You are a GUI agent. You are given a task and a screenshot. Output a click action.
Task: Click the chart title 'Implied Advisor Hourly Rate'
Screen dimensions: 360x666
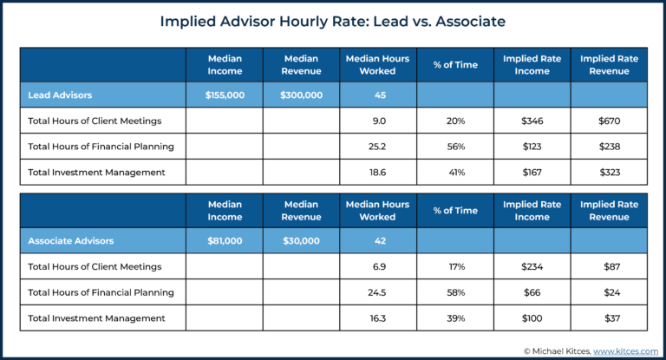[x=332, y=22]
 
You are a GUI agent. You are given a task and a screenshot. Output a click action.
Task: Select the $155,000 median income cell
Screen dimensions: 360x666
[x=225, y=95]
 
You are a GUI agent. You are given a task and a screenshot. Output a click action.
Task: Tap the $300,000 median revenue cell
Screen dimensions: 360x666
[x=301, y=95]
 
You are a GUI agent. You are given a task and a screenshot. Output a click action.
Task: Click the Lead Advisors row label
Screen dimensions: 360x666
[x=60, y=95]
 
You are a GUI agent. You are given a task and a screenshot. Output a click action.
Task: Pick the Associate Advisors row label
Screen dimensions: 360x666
[x=70, y=240]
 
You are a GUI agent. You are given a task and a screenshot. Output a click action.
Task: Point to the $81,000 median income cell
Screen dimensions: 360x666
[x=225, y=240]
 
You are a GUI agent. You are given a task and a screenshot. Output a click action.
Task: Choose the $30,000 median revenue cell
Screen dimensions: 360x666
[x=301, y=240]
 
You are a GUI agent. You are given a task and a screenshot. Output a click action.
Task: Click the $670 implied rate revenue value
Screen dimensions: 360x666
[x=609, y=121]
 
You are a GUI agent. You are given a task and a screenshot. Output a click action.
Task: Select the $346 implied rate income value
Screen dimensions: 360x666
[x=532, y=121]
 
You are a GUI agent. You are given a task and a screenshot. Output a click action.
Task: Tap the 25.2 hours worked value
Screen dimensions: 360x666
[x=379, y=147]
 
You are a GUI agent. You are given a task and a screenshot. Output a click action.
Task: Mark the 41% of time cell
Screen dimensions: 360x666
[x=455, y=173]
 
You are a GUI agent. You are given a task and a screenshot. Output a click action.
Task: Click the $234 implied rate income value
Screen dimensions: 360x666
[x=532, y=266]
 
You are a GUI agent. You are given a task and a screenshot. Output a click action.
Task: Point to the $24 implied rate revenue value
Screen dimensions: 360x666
[x=609, y=292]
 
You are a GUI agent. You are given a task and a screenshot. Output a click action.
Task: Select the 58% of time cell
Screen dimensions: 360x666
[x=455, y=292]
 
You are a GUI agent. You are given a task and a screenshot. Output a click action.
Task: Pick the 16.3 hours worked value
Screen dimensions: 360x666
[x=379, y=318]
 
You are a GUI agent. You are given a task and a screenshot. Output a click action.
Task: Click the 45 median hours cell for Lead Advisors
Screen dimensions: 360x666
[x=379, y=95]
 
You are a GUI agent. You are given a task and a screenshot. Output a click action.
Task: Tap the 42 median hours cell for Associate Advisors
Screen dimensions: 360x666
[x=379, y=240]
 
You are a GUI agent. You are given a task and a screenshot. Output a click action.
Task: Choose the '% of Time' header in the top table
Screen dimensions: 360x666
[x=455, y=65]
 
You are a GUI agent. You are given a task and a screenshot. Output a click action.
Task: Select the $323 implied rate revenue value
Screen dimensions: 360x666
[x=609, y=173]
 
